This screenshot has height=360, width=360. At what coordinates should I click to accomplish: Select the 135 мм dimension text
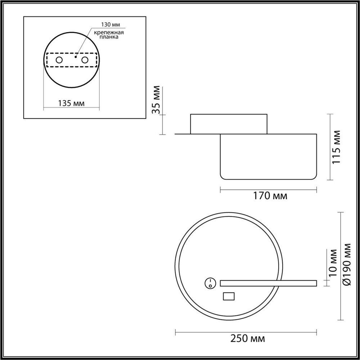coord(71,103)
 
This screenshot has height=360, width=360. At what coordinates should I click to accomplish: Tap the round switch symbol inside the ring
coord(209,283)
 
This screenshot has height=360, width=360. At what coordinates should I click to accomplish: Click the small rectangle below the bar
coord(229,296)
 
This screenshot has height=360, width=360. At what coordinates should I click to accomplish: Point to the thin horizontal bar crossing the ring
coord(268,283)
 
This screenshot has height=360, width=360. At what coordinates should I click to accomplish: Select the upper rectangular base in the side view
coord(229,124)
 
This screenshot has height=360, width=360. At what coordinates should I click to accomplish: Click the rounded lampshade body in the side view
coord(268,157)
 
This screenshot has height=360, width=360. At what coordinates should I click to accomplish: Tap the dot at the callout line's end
coord(75,57)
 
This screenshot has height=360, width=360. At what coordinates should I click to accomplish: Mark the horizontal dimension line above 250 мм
coord(246,332)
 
